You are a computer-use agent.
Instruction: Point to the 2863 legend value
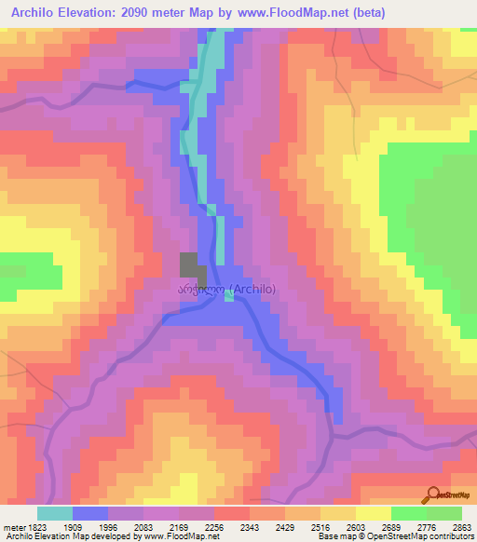point(463,526)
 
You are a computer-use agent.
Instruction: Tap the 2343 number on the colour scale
point(250,526)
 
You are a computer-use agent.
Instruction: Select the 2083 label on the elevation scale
point(143,526)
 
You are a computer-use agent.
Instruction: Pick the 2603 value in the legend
point(357,526)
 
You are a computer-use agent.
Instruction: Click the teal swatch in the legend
point(55,513)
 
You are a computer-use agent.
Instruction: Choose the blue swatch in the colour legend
point(90,513)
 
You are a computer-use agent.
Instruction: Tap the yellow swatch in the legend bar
point(374,513)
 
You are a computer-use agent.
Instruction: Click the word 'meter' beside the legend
point(12,526)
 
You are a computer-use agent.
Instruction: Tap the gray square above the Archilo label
point(189,264)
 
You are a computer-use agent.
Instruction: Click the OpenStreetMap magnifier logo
point(432,495)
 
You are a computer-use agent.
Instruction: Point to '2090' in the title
point(143,13)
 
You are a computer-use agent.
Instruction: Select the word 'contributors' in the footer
point(452,537)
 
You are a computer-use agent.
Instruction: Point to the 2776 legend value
point(428,526)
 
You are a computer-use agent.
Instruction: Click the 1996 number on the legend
point(107,526)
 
